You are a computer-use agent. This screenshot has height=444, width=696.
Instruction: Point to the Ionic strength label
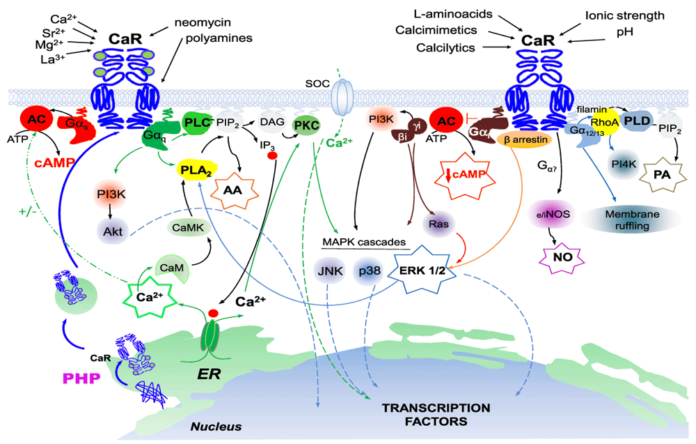point(624,15)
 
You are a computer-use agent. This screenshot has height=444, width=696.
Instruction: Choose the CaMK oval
point(185,227)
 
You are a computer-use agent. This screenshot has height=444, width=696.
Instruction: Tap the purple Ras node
point(436,224)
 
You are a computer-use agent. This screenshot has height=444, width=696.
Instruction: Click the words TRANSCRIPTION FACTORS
point(429,414)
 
